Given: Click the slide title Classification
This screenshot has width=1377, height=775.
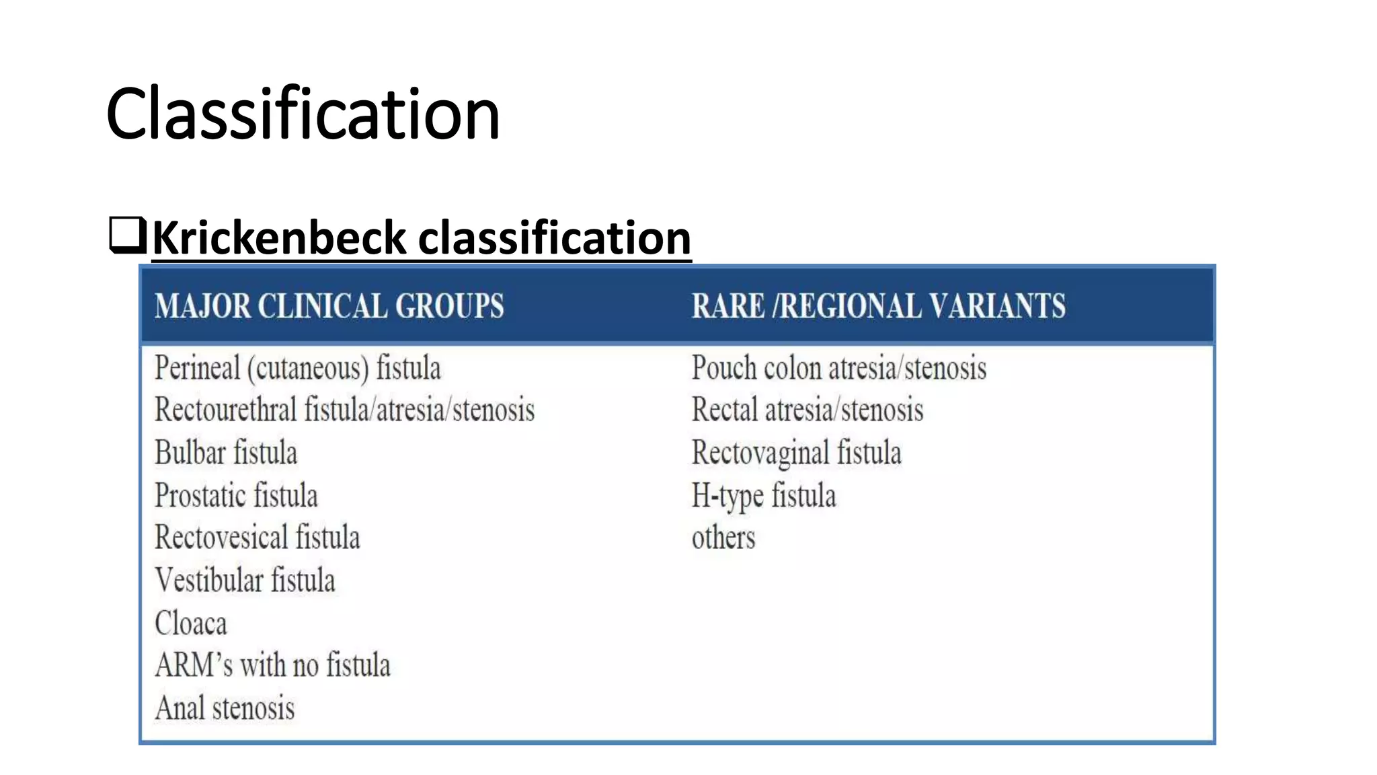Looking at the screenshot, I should [303, 114].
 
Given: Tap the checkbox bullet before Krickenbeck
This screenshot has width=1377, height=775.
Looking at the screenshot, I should [127, 235].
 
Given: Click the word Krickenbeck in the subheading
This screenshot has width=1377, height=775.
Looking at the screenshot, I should [279, 238].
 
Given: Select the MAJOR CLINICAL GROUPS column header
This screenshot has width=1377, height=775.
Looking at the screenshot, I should [329, 306].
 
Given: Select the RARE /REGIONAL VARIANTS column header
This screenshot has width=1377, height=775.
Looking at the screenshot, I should [878, 306].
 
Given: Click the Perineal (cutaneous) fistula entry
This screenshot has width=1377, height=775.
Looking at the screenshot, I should [297, 369].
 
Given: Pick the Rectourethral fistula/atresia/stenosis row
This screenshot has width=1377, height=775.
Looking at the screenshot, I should [344, 410].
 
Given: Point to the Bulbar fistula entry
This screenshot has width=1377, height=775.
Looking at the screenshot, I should [226, 453].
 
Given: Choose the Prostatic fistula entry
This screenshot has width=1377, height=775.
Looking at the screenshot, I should [236, 496].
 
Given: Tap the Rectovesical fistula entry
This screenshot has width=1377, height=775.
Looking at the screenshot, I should [257, 538].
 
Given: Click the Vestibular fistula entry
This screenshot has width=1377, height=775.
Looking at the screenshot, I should [245, 581].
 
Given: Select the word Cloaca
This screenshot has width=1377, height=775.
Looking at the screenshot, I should [191, 624].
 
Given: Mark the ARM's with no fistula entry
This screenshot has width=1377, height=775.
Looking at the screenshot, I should [272, 665].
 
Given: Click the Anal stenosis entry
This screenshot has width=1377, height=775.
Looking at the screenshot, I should [225, 708].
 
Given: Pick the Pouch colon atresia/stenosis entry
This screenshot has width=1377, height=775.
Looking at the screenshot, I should [838, 369].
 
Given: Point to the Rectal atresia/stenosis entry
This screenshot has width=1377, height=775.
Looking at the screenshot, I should [807, 410].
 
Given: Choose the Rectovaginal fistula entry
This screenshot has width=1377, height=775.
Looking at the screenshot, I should [796, 453].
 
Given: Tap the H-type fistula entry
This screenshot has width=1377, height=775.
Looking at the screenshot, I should [764, 496].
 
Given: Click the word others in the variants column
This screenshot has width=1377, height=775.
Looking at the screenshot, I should [723, 538].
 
